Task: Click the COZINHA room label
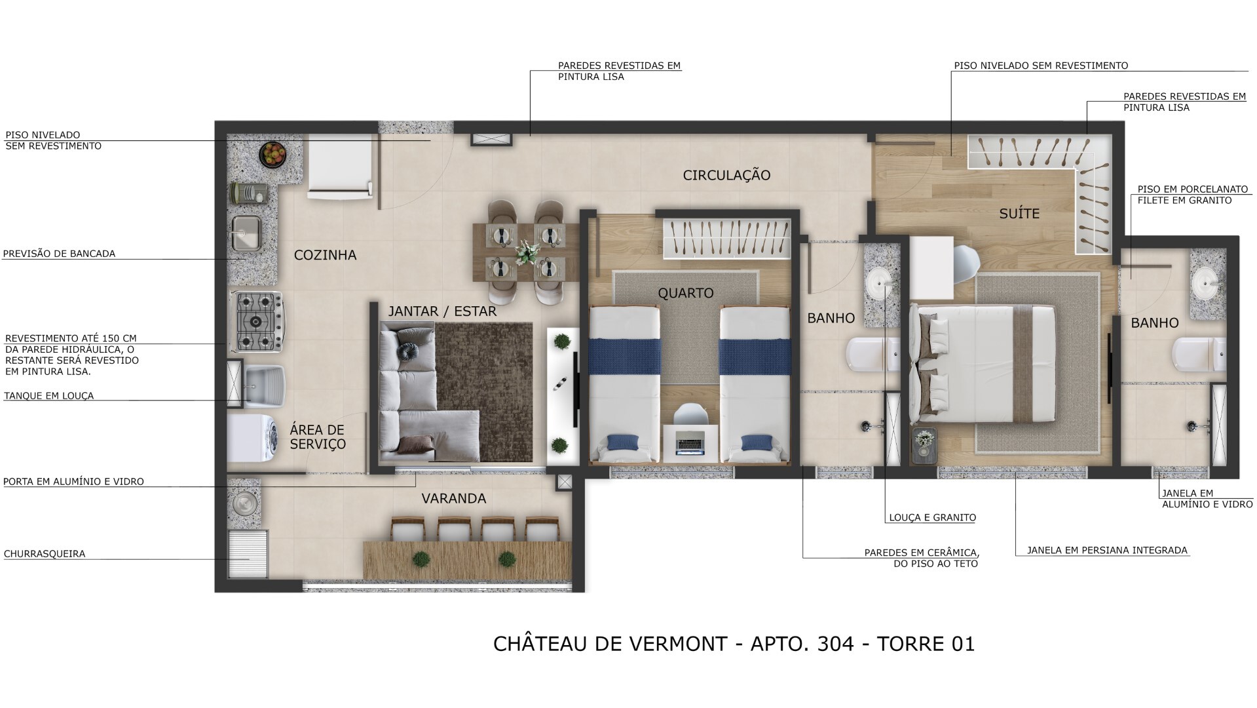point(325,255)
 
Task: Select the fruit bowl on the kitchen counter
point(272,154)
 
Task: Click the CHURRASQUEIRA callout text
point(45,554)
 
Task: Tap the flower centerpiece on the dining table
point(525,251)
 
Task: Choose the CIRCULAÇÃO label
point(726,175)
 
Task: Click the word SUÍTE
point(1019,214)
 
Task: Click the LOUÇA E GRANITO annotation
point(932,518)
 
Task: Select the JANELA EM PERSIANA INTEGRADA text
point(1107,551)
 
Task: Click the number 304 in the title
point(835,644)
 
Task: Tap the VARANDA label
point(453,499)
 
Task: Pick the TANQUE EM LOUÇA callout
point(49,396)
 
